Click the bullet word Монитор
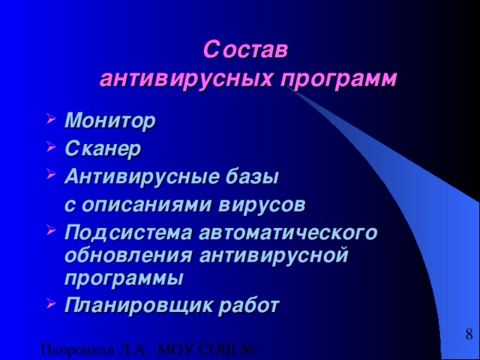[110, 120]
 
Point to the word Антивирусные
[139, 177]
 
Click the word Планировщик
[129, 304]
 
